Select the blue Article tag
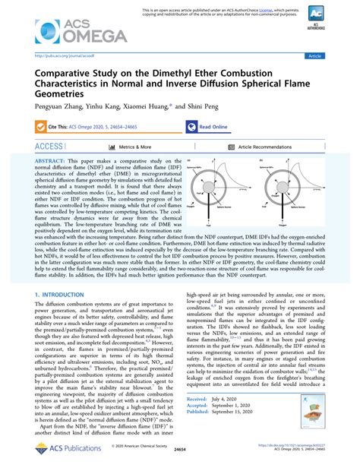click(x=335, y=55)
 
